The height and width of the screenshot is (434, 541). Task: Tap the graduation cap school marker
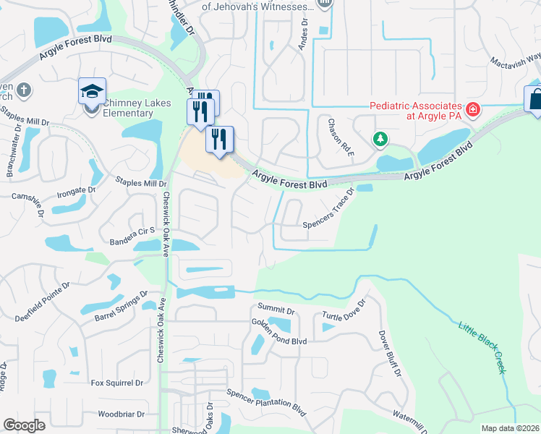click(92, 92)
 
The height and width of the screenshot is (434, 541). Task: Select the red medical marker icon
click(473, 110)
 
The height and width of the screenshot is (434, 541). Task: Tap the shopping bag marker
click(534, 99)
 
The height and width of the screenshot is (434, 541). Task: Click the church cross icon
click(23, 90)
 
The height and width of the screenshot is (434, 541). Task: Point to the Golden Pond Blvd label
click(279, 331)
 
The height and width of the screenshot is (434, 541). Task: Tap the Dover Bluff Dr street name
click(388, 354)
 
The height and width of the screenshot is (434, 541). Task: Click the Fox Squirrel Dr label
click(117, 383)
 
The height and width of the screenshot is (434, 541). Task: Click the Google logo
click(24, 425)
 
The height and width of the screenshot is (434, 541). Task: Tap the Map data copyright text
click(510, 428)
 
